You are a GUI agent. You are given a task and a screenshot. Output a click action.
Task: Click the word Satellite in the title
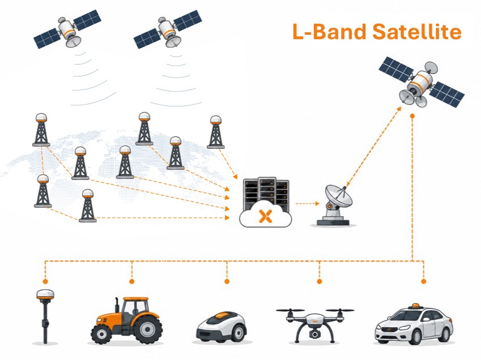[x=416, y=31]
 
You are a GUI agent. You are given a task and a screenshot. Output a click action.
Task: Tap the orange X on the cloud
[x=265, y=216]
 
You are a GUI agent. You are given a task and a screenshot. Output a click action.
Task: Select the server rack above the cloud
[x=266, y=193]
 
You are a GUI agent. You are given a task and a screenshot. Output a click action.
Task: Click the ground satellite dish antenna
[x=335, y=205]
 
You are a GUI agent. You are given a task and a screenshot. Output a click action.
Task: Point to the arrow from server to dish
[x=307, y=203]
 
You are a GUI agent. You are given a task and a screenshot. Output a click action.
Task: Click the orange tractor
[x=127, y=320]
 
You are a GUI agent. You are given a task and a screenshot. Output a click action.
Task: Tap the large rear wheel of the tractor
[x=148, y=329]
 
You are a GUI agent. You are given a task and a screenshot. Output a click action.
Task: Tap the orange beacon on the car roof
[x=415, y=306]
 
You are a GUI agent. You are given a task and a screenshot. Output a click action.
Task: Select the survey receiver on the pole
[x=45, y=316]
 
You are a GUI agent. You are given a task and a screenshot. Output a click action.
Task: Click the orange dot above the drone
[x=320, y=281]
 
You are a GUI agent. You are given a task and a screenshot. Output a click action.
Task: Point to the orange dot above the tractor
[x=132, y=281]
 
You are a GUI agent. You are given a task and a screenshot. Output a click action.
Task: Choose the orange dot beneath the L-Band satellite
[x=412, y=116]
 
